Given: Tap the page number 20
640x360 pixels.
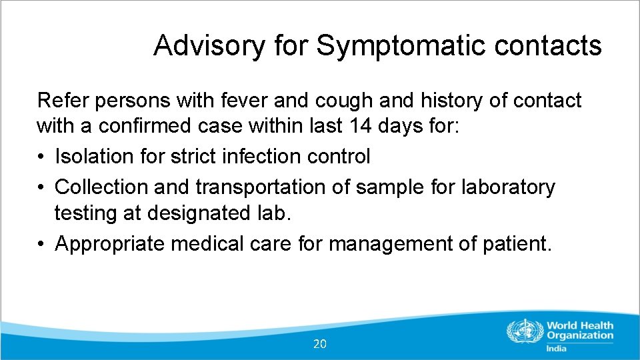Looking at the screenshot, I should pyautogui.click(x=320, y=344).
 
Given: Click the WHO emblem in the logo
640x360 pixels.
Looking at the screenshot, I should pyautogui.click(x=525, y=331).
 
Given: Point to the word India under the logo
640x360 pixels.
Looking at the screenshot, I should pyautogui.click(x=556, y=348).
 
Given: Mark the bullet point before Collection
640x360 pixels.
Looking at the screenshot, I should pyautogui.click(x=42, y=187).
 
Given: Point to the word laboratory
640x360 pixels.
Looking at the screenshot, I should pyautogui.click(x=508, y=187).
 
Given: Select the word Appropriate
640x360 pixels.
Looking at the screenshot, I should pyautogui.click(x=110, y=243).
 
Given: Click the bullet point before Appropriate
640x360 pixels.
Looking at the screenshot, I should pyautogui.click(x=42, y=244).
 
